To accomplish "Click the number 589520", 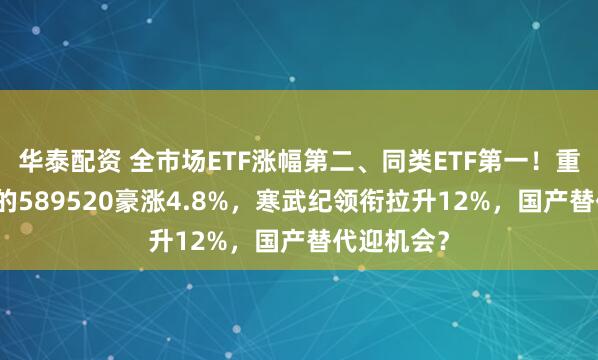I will click(x=59, y=198).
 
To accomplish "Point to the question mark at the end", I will click(x=441, y=239).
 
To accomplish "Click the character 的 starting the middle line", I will click(x=10, y=198).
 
